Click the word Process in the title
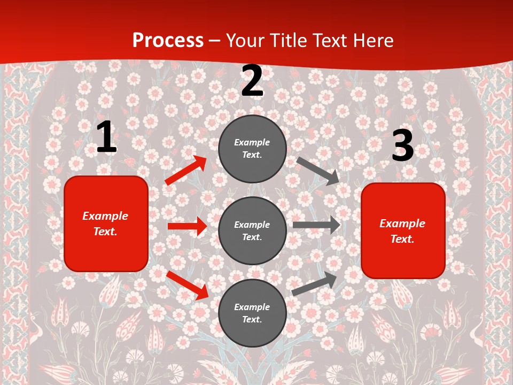[168, 41]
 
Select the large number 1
[106, 137]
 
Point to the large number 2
[252, 81]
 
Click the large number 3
[402, 146]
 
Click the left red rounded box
[106, 224]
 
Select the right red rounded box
[403, 230]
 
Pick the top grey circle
[252, 149]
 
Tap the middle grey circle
[252, 230]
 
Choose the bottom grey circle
[252, 313]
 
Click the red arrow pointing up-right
[186, 171]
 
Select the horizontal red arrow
[187, 226]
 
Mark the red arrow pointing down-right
[188, 286]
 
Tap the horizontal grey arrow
[316, 225]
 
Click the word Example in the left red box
[105, 216]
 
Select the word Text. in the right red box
[402, 239]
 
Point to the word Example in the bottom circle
[252, 307]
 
